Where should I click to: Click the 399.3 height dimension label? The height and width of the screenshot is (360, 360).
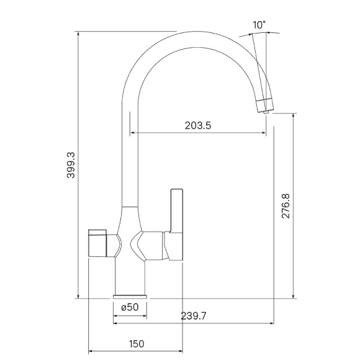[x=71, y=165]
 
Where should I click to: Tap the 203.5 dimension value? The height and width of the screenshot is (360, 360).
[x=198, y=125]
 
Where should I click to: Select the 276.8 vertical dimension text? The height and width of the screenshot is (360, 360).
[x=286, y=206]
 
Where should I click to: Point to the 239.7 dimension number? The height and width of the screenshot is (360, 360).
[x=194, y=316]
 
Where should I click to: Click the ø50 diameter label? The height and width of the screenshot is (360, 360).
[x=130, y=307]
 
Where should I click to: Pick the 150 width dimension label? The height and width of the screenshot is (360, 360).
[x=137, y=344]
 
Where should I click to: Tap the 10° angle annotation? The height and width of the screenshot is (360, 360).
[x=259, y=25]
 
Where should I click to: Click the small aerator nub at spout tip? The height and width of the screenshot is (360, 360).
[x=266, y=112]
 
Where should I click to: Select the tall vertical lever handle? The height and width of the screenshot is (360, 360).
[x=176, y=210]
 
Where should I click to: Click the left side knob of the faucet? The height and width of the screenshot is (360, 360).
[x=97, y=243]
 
